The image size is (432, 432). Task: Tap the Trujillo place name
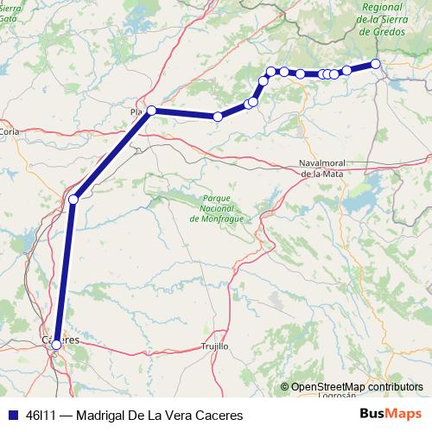coord(214,346)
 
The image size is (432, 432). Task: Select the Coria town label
coord(10,131)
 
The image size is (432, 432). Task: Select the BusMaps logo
coord(391,414)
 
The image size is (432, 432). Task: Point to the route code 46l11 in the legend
coord(41,415)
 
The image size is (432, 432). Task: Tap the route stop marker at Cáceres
coord(56,345)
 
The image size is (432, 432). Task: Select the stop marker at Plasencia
coord(151,110)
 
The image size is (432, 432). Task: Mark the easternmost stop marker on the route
coord(376,63)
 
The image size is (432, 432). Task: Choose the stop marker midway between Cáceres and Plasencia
coord(73,200)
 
